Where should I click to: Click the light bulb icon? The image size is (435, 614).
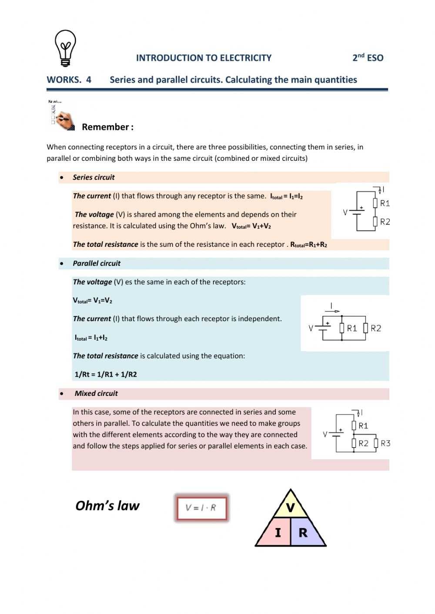(65, 48)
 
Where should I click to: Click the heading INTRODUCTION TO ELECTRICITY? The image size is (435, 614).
(204, 58)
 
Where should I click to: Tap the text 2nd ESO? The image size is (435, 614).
(368, 57)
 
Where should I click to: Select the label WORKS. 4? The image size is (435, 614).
(69, 80)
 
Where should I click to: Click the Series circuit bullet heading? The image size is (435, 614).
(94, 177)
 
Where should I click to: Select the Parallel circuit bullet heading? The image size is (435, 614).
(97, 263)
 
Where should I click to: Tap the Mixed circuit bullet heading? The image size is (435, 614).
(96, 393)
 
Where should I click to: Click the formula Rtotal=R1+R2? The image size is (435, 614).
(308, 245)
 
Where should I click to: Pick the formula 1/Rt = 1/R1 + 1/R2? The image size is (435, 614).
(106, 374)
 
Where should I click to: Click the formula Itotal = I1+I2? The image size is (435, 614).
(91, 338)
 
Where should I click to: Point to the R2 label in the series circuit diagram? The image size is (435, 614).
(385, 222)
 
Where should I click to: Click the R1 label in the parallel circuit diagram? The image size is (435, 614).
(352, 328)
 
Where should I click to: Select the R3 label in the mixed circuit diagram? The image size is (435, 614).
(385, 443)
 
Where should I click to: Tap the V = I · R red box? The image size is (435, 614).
(201, 508)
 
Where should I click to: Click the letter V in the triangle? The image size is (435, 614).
(291, 508)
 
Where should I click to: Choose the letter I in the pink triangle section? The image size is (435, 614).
(278, 532)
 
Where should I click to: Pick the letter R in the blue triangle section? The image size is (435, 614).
(303, 532)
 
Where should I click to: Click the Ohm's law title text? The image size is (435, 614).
(107, 505)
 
